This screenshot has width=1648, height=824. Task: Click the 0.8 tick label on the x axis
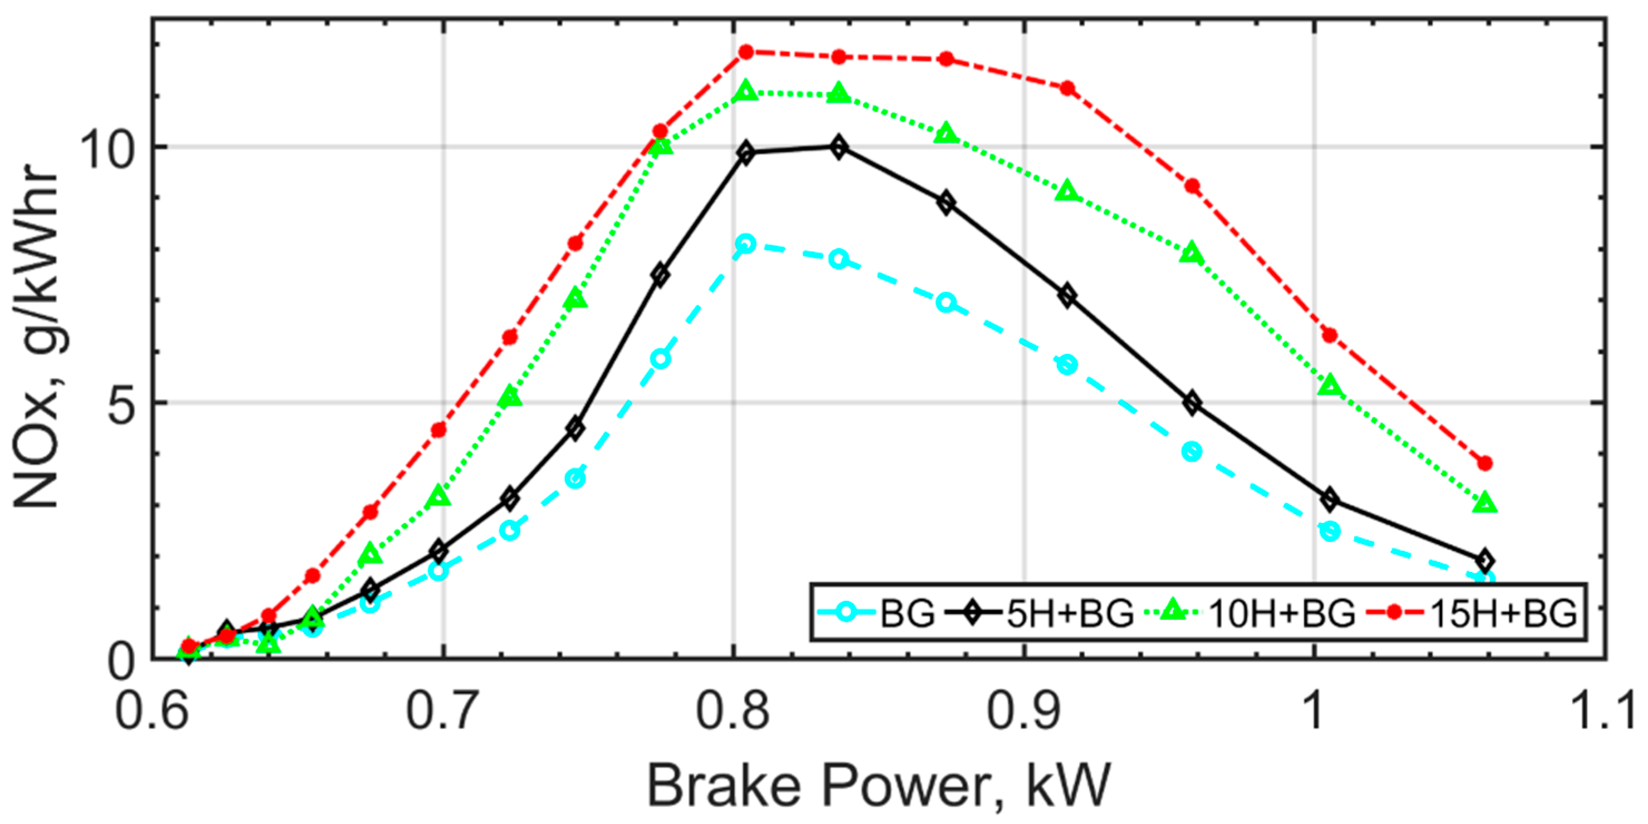point(732,710)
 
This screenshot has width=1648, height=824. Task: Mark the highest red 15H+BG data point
point(746,52)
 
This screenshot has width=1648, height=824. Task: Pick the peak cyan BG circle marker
point(746,244)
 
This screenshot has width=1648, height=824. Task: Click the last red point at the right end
point(1485,463)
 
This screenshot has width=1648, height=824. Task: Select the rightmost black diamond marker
point(1485,561)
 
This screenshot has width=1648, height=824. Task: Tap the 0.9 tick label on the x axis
point(1024,710)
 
